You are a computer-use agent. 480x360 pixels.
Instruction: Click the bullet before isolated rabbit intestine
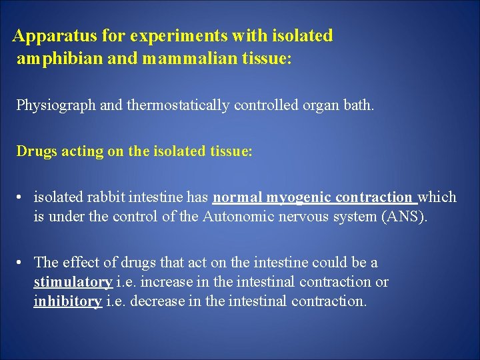coord(22,197)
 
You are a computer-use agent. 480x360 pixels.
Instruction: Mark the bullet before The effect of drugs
coord(22,263)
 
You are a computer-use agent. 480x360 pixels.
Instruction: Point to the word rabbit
coord(107,197)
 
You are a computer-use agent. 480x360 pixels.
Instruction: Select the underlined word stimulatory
coord(73,282)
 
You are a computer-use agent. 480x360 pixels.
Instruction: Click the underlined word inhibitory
coord(68,301)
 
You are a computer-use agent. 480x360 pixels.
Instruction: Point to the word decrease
coord(155,301)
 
